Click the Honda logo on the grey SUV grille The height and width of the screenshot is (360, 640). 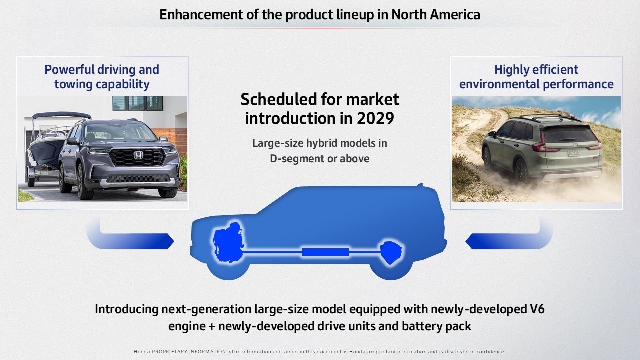pyautogui.click(x=138, y=155)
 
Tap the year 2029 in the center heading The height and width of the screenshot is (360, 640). pyautogui.click(x=375, y=118)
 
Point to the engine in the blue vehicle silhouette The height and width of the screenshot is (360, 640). pyautogui.click(x=228, y=242)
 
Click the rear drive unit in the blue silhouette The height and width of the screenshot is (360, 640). pyautogui.click(x=391, y=253)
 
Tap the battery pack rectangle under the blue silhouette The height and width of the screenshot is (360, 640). pyautogui.click(x=325, y=252)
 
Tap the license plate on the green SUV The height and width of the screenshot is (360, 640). pyautogui.click(x=574, y=153)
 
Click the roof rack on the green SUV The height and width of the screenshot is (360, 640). pyautogui.click(x=544, y=116)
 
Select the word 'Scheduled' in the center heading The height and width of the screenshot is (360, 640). pyautogui.click(x=279, y=99)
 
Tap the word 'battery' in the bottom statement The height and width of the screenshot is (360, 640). pyautogui.click(x=419, y=326)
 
